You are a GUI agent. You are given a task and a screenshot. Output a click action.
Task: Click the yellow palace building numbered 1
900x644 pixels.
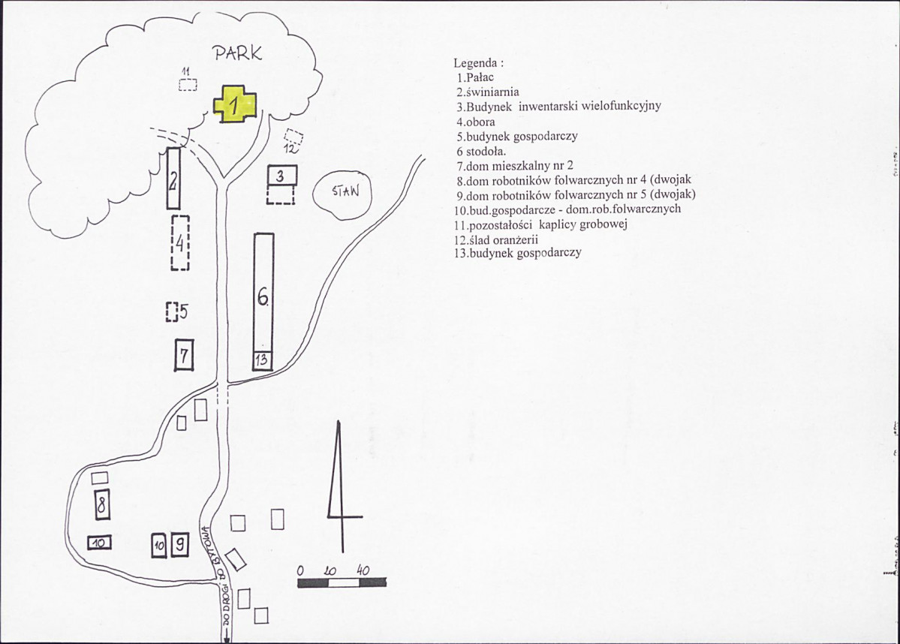point(235,104)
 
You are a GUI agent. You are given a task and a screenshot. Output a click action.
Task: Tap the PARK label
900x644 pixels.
point(238,53)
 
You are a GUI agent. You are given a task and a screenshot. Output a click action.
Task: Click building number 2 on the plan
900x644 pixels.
point(173,179)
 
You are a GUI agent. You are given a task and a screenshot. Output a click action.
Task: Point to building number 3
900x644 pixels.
point(282,175)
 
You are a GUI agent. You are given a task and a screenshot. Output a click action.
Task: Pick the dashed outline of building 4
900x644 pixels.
point(180,242)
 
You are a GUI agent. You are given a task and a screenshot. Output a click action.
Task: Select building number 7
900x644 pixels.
point(184,355)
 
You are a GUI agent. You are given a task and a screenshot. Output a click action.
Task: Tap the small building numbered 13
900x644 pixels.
point(263,360)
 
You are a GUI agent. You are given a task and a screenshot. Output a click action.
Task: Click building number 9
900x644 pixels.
point(180,543)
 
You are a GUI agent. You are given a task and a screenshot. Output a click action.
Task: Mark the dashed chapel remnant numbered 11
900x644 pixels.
point(188,85)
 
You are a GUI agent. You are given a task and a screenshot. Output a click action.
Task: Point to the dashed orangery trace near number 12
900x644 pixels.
point(293,137)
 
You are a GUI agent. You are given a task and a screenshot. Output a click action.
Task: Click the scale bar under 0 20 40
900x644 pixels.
point(343,583)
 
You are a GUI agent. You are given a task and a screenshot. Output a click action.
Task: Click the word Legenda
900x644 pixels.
point(479,63)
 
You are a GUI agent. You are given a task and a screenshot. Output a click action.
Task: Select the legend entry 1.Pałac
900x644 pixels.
point(475,77)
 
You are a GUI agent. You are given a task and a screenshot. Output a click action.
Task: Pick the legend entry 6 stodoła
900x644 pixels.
point(481,152)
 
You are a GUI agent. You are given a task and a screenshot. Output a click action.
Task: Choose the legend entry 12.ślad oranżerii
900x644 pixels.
point(496,240)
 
